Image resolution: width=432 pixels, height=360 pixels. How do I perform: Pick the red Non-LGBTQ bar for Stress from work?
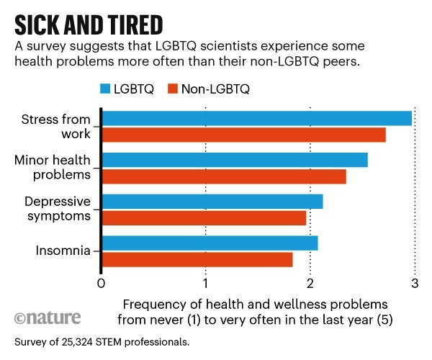coord(244,135)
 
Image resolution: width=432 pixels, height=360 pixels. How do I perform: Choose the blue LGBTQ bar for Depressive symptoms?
coord(213,202)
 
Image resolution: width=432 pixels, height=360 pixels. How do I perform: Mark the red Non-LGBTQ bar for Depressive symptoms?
coord(204,218)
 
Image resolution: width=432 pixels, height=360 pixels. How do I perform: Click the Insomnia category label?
coord(63,251)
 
